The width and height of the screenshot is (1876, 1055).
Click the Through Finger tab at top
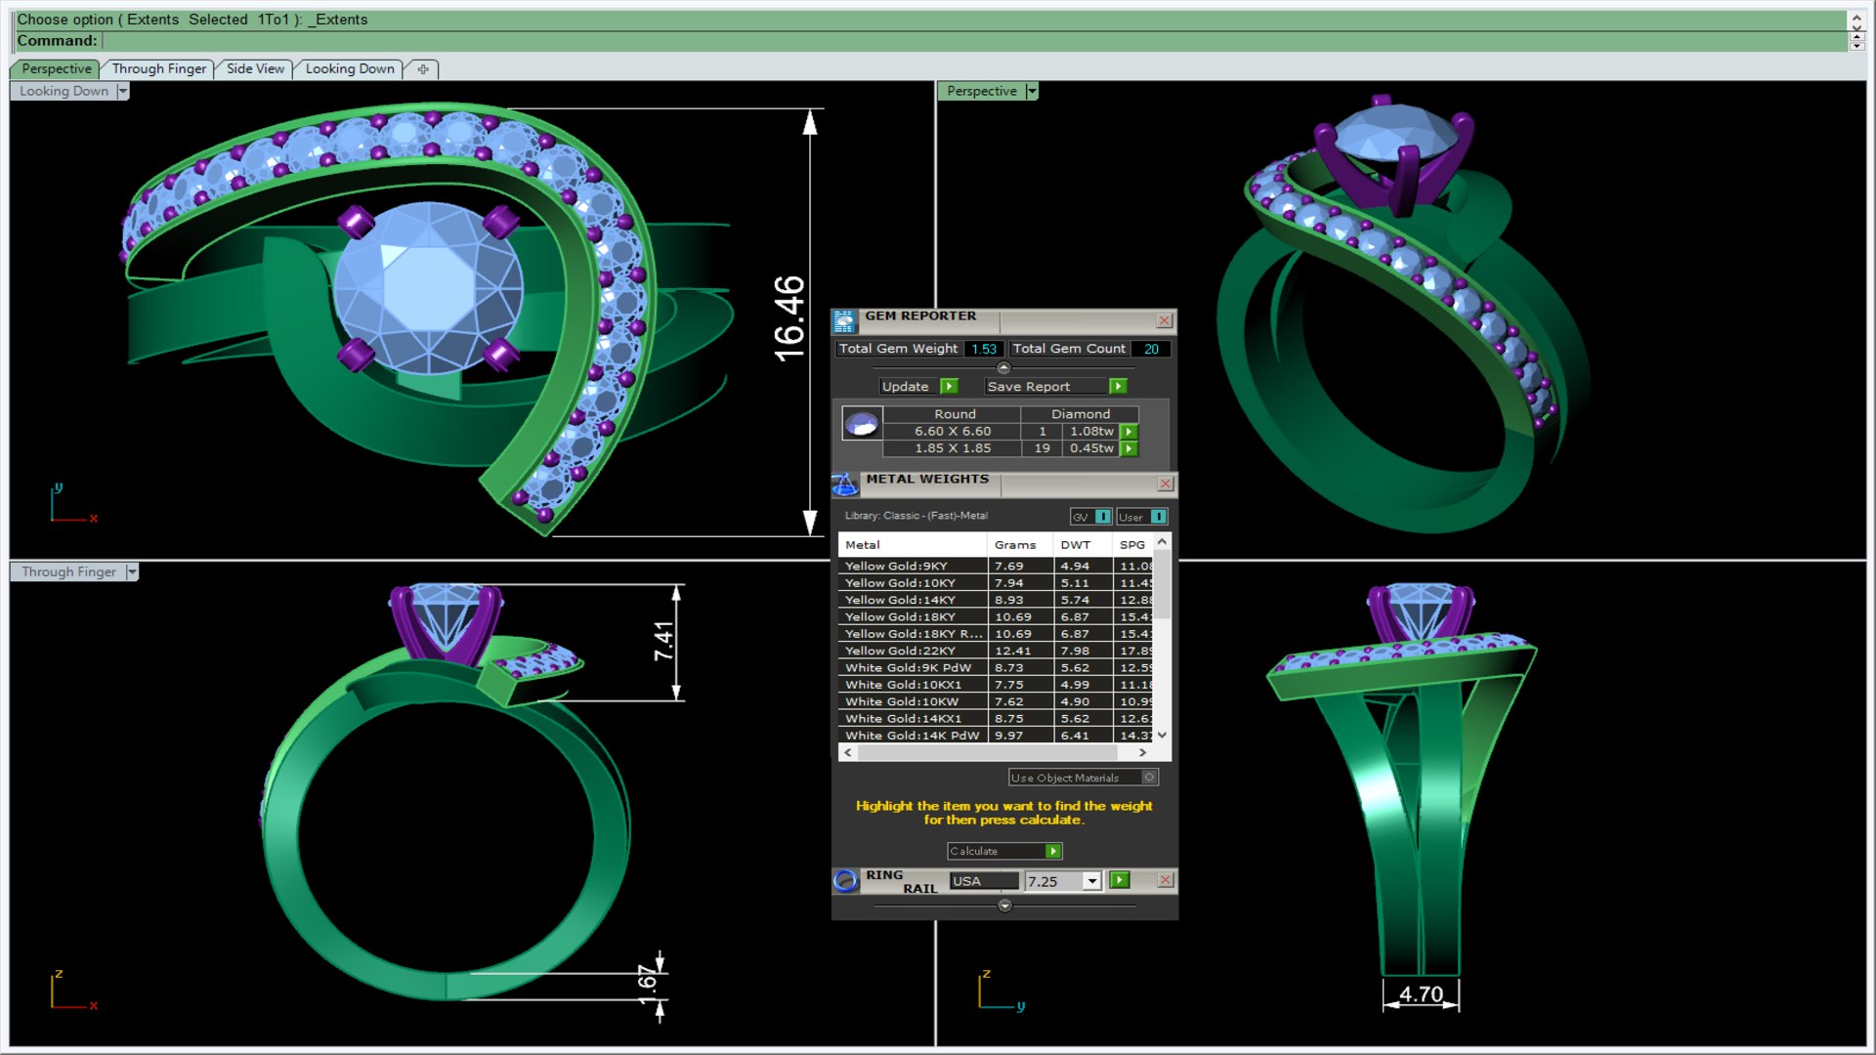coord(158,68)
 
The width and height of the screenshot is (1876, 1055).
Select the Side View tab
coord(255,68)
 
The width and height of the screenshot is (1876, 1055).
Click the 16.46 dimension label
coord(789,318)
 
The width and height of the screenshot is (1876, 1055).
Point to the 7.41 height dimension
coord(664,641)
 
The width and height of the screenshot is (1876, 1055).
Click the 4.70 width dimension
coord(1421,994)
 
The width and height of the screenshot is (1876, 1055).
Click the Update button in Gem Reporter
coord(906,387)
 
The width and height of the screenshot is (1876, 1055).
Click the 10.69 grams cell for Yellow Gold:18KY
coord(1013,617)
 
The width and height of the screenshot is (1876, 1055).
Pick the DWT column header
coord(1075,545)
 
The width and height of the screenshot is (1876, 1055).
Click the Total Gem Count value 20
coord(1151,349)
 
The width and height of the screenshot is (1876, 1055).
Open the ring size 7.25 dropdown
coord(1091,881)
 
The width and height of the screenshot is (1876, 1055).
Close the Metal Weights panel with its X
coord(1165,484)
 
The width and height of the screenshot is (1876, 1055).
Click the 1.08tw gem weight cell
coord(1090,432)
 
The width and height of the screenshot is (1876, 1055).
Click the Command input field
coord(967,41)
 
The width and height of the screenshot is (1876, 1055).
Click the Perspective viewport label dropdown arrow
coord(1032,91)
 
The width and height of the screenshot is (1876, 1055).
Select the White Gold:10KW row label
coord(901,701)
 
